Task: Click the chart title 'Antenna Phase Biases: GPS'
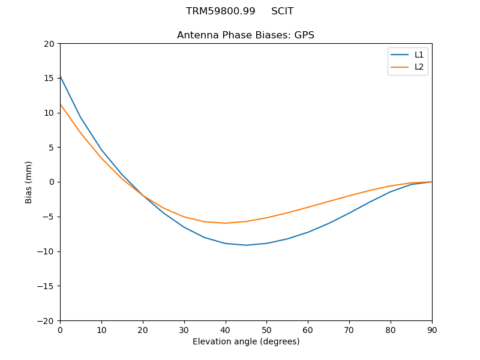coord(245,35)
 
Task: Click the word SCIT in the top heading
coord(282,11)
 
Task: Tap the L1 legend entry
coord(419,55)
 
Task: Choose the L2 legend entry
coord(419,67)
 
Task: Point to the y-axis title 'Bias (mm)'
coord(29,182)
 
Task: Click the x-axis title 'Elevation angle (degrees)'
coord(245,342)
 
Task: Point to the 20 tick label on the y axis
coord(49,44)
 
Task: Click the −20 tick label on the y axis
coord(46,321)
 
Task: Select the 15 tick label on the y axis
coord(49,78)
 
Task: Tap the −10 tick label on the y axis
coord(46,251)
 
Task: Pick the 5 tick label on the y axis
coord(52,148)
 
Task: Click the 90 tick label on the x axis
coord(431,329)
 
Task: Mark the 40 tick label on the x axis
coord(225,329)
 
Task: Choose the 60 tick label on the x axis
coord(308,329)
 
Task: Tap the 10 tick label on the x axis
coord(101,329)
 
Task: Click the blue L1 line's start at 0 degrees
coord(61,76)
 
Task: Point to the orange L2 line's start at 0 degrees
coord(61,104)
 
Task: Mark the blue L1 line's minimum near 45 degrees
coord(246,245)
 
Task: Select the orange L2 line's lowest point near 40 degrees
coord(226,223)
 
